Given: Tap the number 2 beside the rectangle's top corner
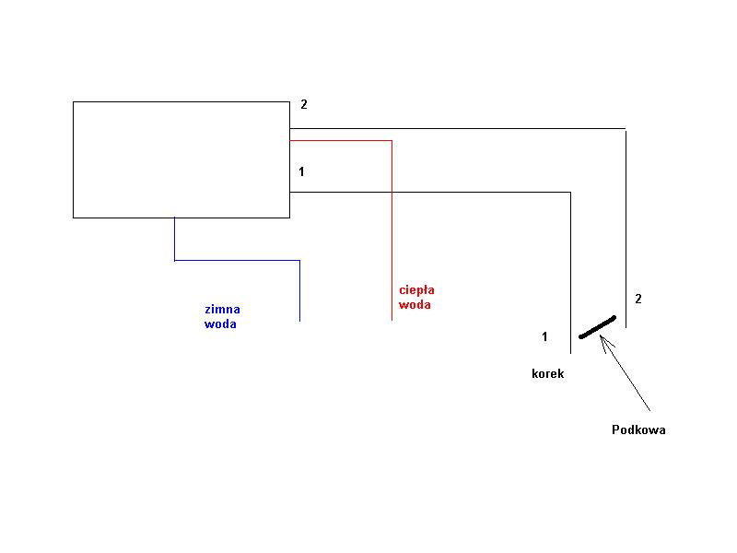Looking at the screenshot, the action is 304,104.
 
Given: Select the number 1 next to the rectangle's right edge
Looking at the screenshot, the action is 301,171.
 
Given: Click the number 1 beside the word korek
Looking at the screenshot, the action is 544,336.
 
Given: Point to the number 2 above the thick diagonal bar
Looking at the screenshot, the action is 638,299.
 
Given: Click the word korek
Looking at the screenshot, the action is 547,374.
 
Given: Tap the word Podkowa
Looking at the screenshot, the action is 638,429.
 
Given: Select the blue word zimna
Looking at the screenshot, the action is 222,310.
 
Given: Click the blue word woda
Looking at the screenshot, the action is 220,324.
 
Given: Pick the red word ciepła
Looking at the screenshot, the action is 416,289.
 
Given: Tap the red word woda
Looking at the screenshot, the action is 415,305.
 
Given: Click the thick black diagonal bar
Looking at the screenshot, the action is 597,327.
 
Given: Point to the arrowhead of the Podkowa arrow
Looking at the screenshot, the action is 602,335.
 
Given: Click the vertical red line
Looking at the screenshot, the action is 392,230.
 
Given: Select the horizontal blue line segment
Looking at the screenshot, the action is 237,260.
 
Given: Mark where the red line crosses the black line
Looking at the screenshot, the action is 392,192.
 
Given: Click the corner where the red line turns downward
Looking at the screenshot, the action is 392,141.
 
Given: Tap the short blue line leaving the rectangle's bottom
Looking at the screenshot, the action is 174,239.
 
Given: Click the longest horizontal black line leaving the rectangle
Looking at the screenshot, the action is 457,128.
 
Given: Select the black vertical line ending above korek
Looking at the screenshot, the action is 570,273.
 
